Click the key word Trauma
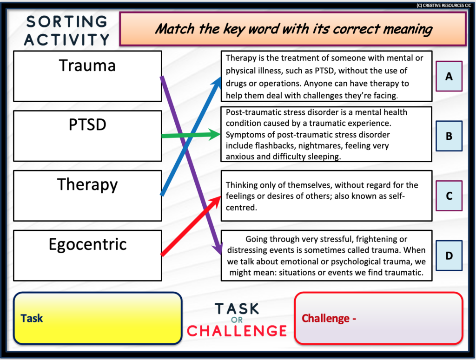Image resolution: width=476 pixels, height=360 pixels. (87, 65)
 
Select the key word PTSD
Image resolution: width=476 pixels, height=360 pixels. (87, 124)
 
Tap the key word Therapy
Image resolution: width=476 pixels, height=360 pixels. (87, 184)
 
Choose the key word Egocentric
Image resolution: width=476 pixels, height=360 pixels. (87, 244)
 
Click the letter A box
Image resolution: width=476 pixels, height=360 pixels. (449, 76)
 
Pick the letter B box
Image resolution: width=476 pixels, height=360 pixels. (449, 136)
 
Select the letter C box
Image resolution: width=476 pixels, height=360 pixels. (449, 196)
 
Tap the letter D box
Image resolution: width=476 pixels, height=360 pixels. (449, 255)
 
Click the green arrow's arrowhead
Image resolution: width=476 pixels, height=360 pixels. (215, 135)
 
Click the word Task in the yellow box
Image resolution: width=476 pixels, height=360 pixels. (32, 319)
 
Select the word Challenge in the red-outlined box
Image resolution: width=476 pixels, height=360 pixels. (326, 319)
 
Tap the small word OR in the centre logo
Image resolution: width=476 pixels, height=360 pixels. (237, 320)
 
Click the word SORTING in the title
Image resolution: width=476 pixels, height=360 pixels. (67, 22)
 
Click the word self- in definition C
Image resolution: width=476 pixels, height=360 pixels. (396, 196)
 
